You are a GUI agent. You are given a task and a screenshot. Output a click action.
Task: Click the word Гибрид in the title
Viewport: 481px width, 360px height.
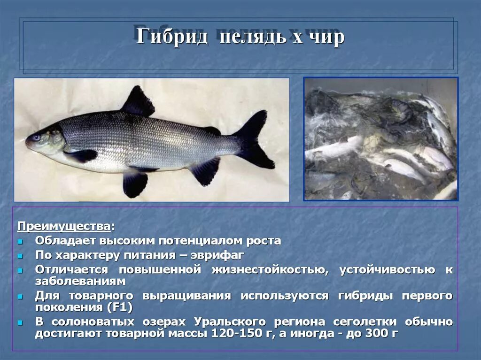(172, 36)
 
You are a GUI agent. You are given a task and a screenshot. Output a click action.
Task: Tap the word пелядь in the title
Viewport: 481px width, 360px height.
(251, 36)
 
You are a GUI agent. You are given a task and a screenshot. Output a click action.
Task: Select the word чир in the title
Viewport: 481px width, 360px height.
(329, 37)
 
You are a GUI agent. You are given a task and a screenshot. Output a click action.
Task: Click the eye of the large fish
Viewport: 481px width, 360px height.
(36, 138)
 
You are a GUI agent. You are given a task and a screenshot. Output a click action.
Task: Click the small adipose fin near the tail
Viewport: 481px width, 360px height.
(212, 131)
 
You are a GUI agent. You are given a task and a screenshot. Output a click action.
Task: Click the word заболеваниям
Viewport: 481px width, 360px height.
(80, 281)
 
